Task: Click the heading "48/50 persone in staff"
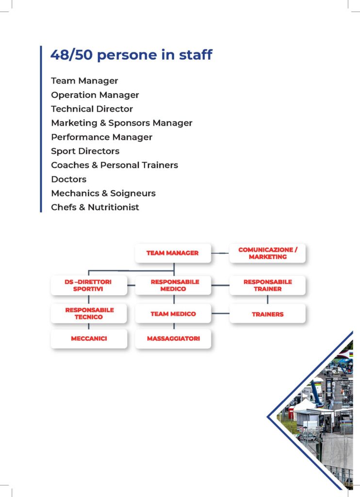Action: [131, 55]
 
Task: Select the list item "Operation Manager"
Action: [95, 95]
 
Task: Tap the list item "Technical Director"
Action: [92, 109]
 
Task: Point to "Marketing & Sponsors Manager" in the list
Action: [122, 123]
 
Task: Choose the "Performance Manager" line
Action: [102, 137]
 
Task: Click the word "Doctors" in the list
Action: [69, 180]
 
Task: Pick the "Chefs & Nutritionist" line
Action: [95, 207]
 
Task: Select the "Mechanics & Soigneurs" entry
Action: [103, 193]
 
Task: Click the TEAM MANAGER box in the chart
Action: [173, 253]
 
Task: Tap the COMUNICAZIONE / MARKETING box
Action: [267, 253]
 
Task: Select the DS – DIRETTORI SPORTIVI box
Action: [89, 285]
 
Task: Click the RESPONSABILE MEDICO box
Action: [173, 285]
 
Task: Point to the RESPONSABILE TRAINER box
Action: [267, 285]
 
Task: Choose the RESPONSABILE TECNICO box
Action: [89, 314]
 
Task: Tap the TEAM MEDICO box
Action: [173, 314]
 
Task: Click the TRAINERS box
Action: [267, 314]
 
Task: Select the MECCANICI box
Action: [89, 338]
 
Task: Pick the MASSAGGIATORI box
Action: [173, 338]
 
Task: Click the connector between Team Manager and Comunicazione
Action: [220, 253]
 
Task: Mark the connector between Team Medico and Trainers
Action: [220, 314]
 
